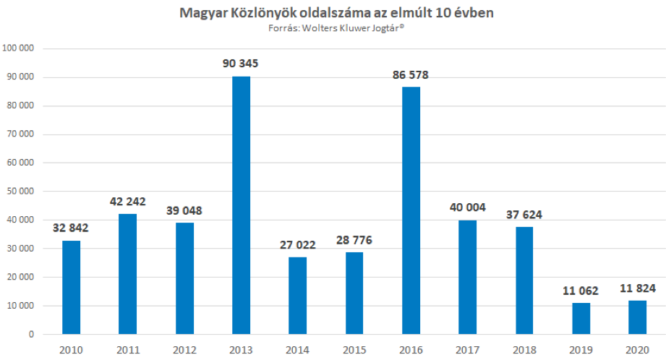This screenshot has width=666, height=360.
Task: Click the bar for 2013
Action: click(241, 205)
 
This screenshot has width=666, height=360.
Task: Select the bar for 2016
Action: click(411, 210)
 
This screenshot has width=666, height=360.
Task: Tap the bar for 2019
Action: click(581, 319)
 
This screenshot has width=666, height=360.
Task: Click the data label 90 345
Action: click(241, 64)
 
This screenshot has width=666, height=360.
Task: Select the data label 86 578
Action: click(411, 74)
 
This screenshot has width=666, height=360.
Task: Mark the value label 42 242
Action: click(127, 202)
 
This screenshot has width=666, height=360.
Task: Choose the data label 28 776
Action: click(354, 240)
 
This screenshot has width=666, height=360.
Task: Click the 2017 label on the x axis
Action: click(468, 350)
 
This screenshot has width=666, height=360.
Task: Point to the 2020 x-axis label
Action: click(637, 350)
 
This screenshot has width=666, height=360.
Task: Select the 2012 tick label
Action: click(184, 350)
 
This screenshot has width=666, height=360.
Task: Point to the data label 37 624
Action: click(524, 215)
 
